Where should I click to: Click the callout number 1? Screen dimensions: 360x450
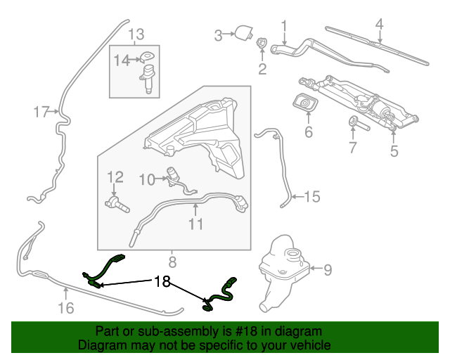click(x=285, y=27)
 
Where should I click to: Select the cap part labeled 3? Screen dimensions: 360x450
click(x=243, y=32)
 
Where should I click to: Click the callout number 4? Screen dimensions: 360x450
click(x=379, y=25)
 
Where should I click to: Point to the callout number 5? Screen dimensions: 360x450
click(x=394, y=150)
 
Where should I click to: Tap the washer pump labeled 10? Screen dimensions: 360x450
click(x=173, y=176)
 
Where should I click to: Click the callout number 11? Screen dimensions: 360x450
click(x=195, y=224)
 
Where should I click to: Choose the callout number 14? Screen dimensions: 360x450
click(x=122, y=60)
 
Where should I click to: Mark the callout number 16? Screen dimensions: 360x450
click(x=65, y=307)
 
